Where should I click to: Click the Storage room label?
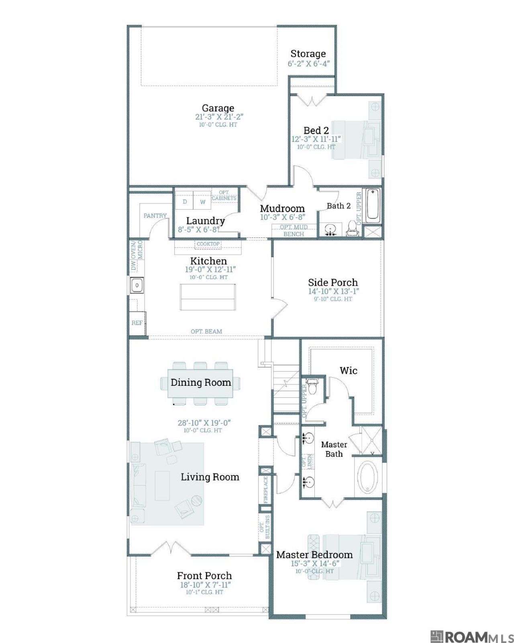click(308, 54)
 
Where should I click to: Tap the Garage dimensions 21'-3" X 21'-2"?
click(217, 117)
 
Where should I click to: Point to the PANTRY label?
click(155, 215)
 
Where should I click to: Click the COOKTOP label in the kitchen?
click(208, 244)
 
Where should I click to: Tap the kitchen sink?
click(137, 285)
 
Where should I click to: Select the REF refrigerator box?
click(137, 323)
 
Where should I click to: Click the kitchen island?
click(208, 297)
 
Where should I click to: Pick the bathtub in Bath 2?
click(372, 205)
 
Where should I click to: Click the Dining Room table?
click(200, 383)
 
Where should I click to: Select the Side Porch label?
click(333, 283)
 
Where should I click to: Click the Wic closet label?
click(348, 371)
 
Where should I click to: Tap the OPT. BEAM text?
click(206, 332)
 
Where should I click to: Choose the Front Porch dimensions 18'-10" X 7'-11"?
click(206, 585)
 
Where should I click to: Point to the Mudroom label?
click(282, 208)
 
